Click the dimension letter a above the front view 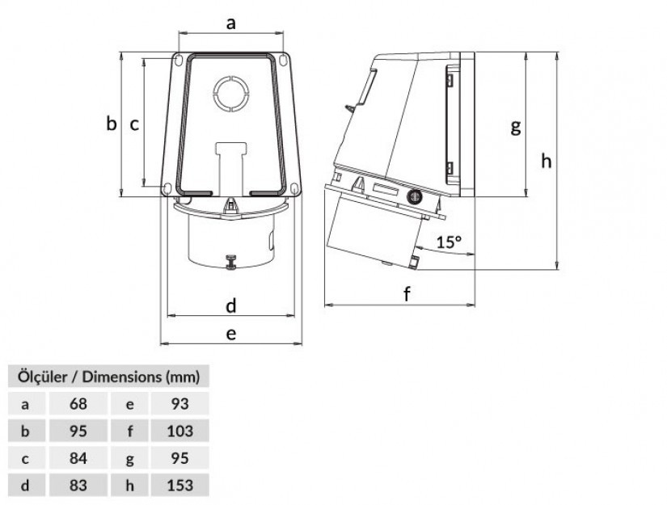click(x=230, y=23)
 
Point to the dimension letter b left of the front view click(x=111, y=124)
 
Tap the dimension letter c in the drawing click(x=134, y=124)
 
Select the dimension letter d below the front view click(x=230, y=305)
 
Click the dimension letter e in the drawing click(x=231, y=335)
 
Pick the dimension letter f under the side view click(x=407, y=294)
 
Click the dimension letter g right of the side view click(x=516, y=127)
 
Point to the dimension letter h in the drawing click(x=547, y=161)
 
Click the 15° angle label click(x=449, y=242)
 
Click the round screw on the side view click(x=414, y=197)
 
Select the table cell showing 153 click(x=180, y=485)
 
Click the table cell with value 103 click(x=180, y=431)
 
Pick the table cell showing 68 click(x=78, y=403)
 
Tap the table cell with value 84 click(x=78, y=458)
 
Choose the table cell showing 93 click(x=180, y=403)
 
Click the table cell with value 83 click(x=78, y=485)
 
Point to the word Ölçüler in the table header click(x=43, y=377)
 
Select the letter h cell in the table click(x=129, y=485)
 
